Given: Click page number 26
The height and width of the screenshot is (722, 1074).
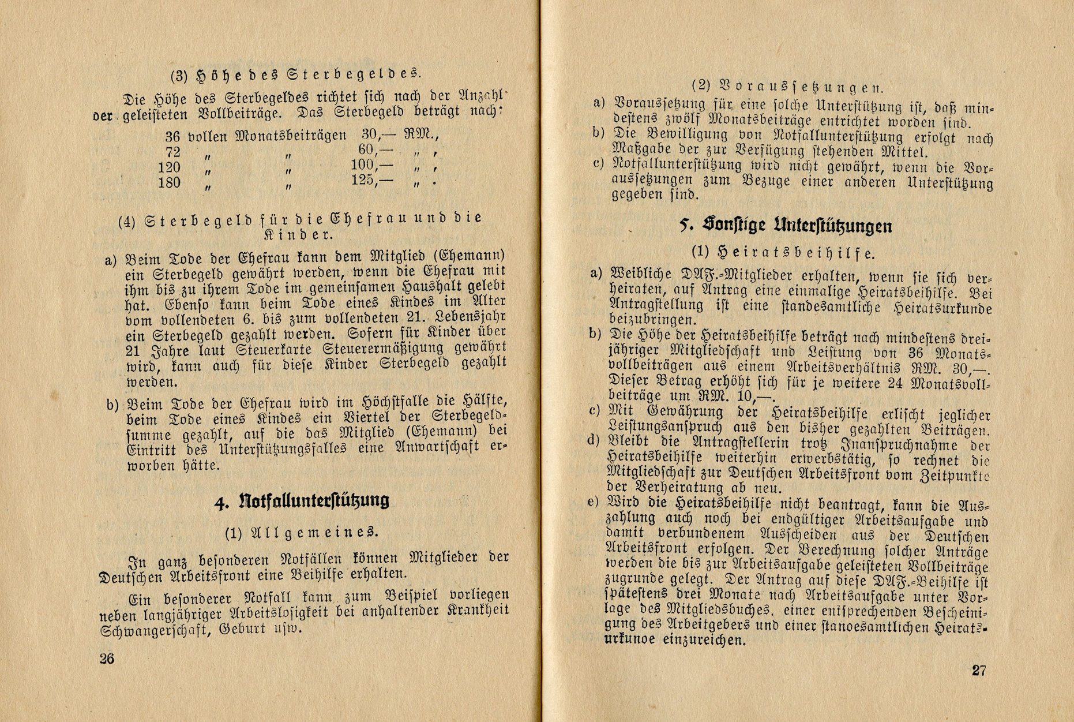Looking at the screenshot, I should tap(107, 659).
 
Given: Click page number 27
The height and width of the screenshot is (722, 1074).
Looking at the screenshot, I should tap(979, 671).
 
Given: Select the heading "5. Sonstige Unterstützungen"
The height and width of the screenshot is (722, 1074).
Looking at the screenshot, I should tap(786, 226).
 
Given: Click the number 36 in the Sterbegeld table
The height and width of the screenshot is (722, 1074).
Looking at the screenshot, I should tap(172, 137).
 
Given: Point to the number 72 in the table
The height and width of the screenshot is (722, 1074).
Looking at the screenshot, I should tap(172, 152).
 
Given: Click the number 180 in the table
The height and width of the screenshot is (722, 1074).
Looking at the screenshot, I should tap(169, 183).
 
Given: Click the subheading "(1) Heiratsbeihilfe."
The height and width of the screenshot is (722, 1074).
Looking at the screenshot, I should tap(783, 253).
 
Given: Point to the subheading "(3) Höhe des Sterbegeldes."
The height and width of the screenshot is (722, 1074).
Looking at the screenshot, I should tap(296, 74).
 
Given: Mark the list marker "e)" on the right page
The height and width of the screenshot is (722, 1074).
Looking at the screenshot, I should tap(593, 502).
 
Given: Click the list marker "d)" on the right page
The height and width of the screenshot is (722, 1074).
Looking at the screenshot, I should tap(593, 441).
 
